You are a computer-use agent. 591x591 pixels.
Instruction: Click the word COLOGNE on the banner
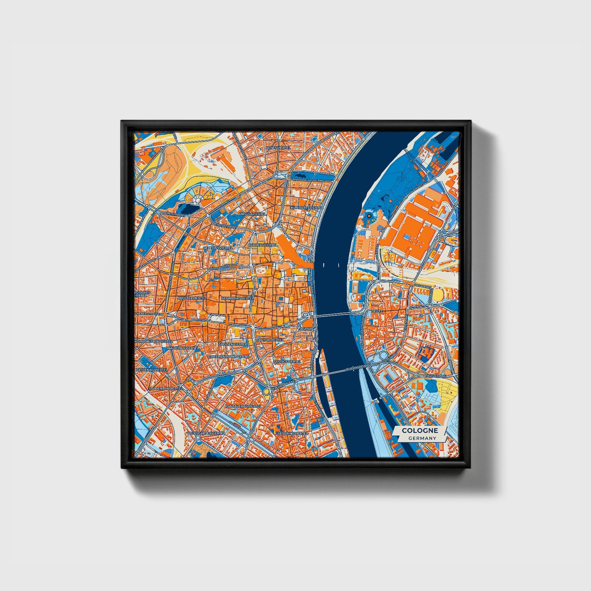[x=420, y=430]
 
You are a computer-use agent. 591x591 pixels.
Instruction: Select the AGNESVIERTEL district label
[x=277, y=148]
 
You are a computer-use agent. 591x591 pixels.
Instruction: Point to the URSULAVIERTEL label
[x=253, y=214]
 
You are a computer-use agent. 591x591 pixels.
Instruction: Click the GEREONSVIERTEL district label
[x=218, y=247]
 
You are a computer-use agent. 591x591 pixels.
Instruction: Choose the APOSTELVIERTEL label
[x=192, y=298]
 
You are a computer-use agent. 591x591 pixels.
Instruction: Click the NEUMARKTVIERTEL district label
[x=236, y=299]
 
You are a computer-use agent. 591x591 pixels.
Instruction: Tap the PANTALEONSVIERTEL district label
[x=244, y=406]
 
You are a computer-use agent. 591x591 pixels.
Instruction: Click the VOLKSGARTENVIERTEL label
[x=206, y=432]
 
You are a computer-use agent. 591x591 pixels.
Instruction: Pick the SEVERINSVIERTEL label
[x=292, y=432]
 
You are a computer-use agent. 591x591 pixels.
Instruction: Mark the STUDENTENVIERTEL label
[x=166, y=388]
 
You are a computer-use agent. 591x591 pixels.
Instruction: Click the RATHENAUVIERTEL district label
[x=152, y=369]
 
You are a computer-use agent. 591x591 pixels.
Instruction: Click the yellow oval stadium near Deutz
[x=438, y=294]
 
